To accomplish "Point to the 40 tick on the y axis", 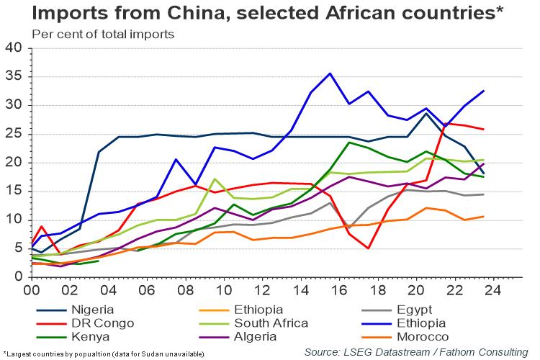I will [15, 48].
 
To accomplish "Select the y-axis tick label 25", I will [15, 134].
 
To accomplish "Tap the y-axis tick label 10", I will [15, 220].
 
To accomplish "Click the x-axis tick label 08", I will [186, 289].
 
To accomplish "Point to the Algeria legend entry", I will [260, 337].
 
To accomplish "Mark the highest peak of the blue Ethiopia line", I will [330, 73].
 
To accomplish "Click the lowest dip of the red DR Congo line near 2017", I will [367, 248].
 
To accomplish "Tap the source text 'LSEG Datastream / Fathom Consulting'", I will [416, 351].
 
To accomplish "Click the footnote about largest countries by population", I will [104, 354].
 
